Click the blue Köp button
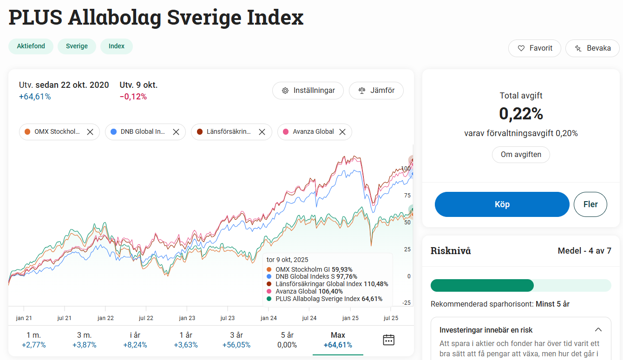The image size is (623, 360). pyautogui.click(x=502, y=204)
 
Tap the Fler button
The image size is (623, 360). pyautogui.click(x=590, y=204)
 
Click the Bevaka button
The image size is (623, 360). pyautogui.click(x=592, y=48)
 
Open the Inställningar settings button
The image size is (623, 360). pyautogui.click(x=308, y=91)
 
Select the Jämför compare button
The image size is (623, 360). pyautogui.click(x=376, y=91)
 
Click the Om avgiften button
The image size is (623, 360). pyautogui.click(x=521, y=155)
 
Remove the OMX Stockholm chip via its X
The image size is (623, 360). pyautogui.click(x=90, y=132)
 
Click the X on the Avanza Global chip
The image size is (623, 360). pyautogui.click(x=342, y=132)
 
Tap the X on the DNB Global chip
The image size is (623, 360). pyautogui.click(x=176, y=132)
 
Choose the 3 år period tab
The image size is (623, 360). pyautogui.click(x=236, y=340)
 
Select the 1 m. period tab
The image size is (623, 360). pyautogui.click(x=34, y=340)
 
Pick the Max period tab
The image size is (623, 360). pyautogui.click(x=338, y=340)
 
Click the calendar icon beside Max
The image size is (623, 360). pyautogui.click(x=388, y=340)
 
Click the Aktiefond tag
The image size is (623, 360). pyautogui.click(x=31, y=46)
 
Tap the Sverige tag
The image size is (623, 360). pyautogui.click(x=77, y=46)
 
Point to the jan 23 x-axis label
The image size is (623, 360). pyautogui.click(x=187, y=318)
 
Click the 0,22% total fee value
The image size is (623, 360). pyautogui.click(x=521, y=114)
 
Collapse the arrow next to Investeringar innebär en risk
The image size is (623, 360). pyautogui.click(x=598, y=330)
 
